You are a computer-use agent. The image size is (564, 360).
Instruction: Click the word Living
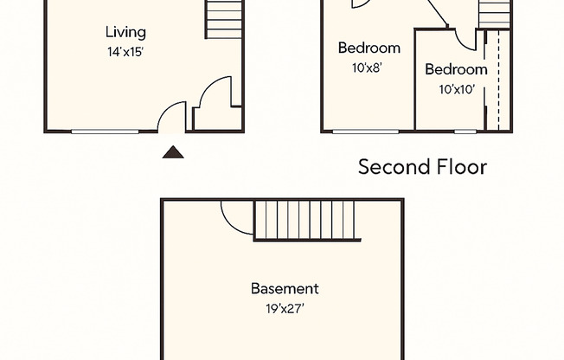pos(125,33)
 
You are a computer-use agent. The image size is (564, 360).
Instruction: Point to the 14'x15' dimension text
pos(125,51)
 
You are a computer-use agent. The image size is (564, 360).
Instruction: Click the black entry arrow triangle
pos(174,153)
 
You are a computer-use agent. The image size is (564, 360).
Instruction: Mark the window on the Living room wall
pos(105,132)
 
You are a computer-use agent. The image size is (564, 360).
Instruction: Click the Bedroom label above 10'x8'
pos(369,48)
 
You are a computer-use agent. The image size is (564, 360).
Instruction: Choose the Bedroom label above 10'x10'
pos(456,69)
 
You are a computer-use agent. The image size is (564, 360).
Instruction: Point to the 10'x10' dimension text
pos(456,88)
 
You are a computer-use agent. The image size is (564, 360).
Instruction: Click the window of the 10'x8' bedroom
pos(366,132)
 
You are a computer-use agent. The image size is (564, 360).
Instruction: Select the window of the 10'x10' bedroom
pos(465,132)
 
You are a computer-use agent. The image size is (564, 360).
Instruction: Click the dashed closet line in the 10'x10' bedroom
pos(486,82)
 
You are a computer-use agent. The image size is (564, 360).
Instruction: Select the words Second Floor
pos(422,167)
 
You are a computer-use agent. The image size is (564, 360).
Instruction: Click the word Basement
pos(285,288)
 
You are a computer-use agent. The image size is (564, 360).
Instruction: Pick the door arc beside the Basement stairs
pos(236,218)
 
